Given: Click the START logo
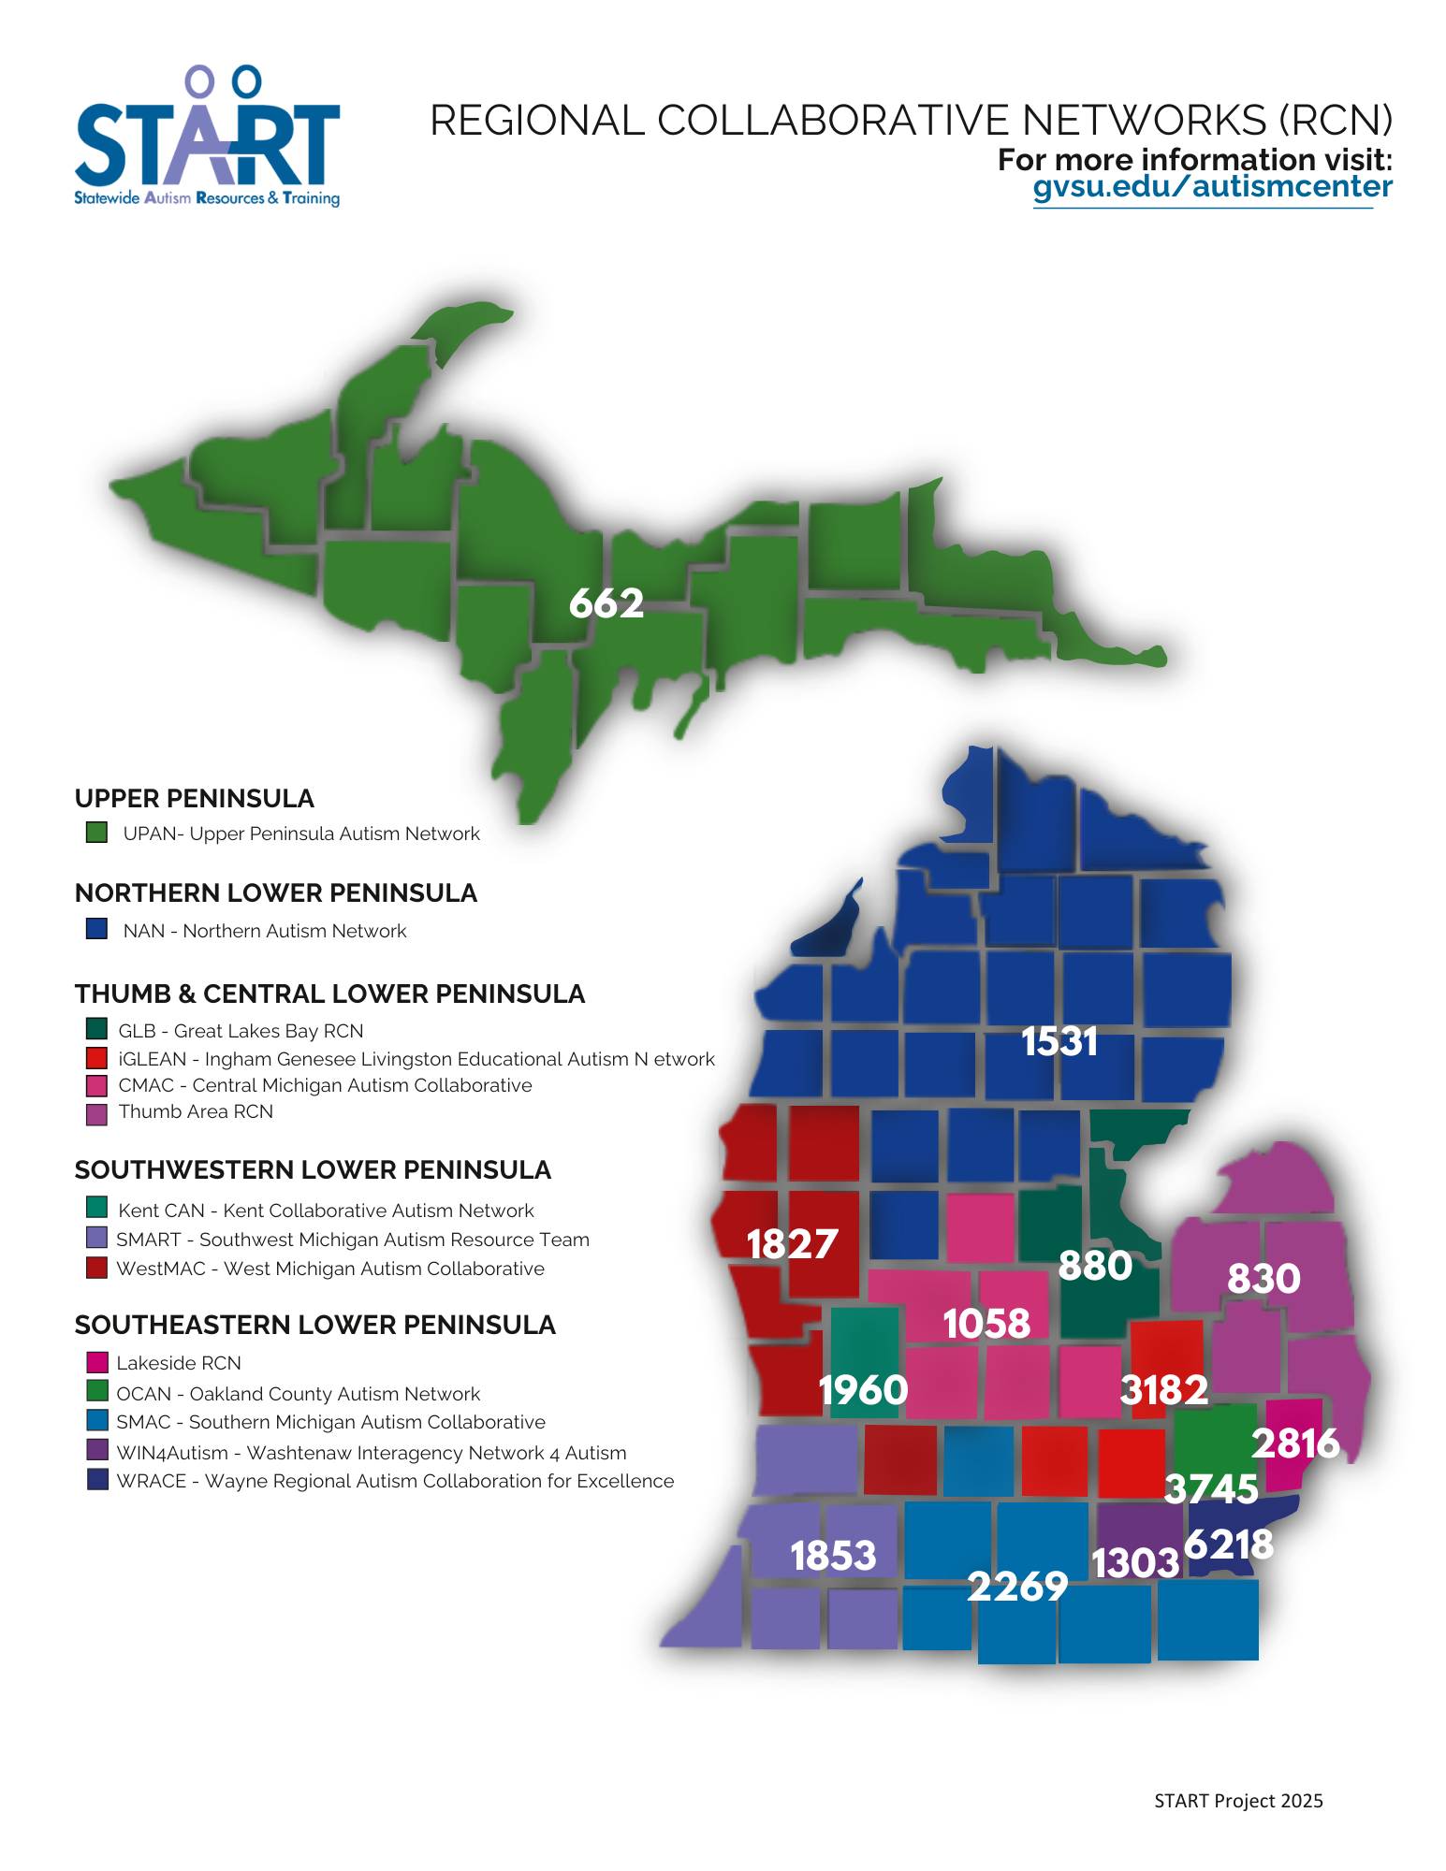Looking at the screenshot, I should pyautogui.click(x=207, y=137).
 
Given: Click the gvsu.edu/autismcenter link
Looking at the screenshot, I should pyautogui.click(x=1212, y=187).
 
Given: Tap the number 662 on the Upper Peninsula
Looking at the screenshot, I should pyautogui.click(x=606, y=603).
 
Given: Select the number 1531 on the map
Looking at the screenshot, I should pyautogui.click(x=1059, y=1042).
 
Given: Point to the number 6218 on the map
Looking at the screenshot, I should pyautogui.click(x=1229, y=1545).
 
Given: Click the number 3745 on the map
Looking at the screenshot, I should pyautogui.click(x=1211, y=1488).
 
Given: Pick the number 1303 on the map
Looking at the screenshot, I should pyautogui.click(x=1135, y=1563).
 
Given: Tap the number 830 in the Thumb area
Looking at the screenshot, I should pyautogui.click(x=1263, y=1279).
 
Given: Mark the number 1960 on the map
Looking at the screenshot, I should pyautogui.click(x=863, y=1390).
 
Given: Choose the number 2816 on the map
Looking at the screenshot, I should pyautogui.click(x=1295, y=1444).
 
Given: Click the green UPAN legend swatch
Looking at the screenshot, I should pyautogui.click(x=96, y=833).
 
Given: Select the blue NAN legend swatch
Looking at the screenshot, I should pyautogui.click(x=96, y=929).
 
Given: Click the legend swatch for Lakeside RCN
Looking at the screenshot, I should pyautogui.click(x=97, y=1362).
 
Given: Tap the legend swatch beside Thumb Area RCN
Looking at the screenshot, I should pyautogui.click(x=96, y=1113).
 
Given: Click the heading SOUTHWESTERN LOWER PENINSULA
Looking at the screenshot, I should pyautogui.click(x=313, y=1170).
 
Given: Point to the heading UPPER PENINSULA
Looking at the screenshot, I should pyautogui.click(x=194, y=799).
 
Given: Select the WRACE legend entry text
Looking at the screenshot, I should pyautogui.click(x=394, y=1481).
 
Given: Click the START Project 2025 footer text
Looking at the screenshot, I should pyautogui.click(x=1238, y=1801).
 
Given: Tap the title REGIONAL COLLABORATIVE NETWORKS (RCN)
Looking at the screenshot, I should pyautogui.click(x=911, y=121).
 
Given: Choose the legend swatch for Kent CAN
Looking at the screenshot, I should pyautogui.click(x=96, y=1208).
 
